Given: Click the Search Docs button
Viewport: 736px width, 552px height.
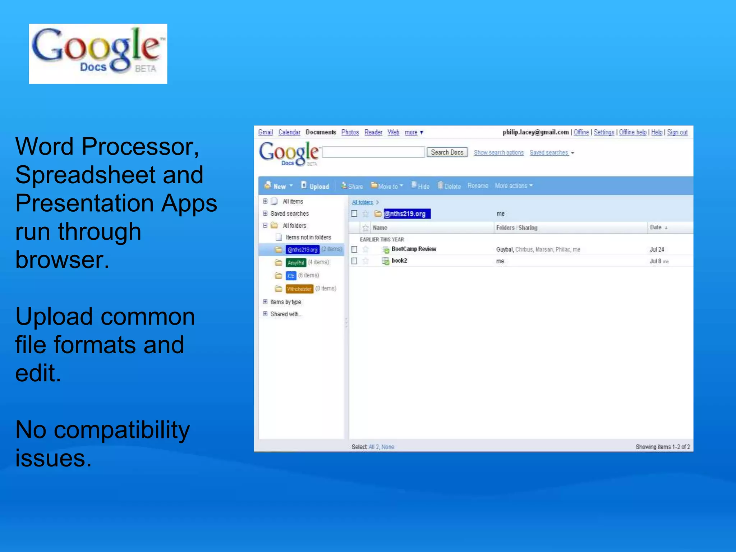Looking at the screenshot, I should [447, 152].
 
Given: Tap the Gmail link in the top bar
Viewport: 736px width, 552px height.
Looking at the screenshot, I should [265, 132].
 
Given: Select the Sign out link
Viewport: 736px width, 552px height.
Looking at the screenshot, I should [677, 132].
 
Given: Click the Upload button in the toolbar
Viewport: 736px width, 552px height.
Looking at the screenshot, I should [315, 186].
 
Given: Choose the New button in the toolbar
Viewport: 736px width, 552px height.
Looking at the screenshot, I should [279, 186].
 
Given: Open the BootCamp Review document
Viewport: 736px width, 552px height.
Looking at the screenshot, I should [413, 249].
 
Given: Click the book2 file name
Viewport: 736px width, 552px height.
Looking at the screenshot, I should [399, 261].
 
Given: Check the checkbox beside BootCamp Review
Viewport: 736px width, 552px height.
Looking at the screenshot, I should [354, 249].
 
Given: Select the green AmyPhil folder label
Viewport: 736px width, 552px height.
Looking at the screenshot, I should [296, 263].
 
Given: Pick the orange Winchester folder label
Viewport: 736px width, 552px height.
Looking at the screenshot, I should [299, 289].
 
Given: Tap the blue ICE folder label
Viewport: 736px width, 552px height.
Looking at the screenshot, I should [291, 276].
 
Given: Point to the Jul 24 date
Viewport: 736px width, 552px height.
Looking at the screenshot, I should [657, 249].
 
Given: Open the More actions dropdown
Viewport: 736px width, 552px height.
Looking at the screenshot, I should [513, 186].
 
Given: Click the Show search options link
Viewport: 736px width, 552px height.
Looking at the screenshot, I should [498, 153].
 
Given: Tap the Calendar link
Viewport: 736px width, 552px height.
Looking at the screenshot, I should [289, 132].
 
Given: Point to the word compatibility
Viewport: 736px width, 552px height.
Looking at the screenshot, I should [121, 430].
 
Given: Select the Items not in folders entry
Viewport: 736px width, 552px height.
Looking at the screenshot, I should [308, 238].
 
